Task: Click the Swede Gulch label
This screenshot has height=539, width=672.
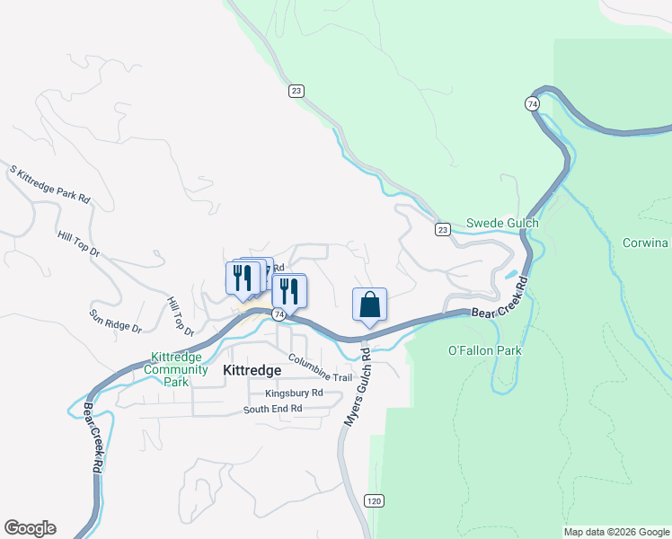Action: point(502,224)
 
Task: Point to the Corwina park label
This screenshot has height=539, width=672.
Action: point(646,243)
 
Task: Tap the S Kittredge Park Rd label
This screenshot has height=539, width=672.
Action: point(50,183)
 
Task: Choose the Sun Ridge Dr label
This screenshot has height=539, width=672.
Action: point(116,322)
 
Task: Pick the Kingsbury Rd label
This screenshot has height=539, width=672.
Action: point(294,393)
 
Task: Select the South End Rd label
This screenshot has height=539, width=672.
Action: point(272,410)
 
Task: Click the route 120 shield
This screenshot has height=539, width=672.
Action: point(375,499)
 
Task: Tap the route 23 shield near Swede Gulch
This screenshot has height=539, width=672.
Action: point(442,230)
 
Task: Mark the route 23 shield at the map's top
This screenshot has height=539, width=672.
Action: point(296,90)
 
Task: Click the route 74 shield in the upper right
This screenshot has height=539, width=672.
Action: point(533,104)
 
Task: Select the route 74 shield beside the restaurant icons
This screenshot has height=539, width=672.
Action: point(279,314)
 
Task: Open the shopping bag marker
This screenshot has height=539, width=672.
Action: point(369,305)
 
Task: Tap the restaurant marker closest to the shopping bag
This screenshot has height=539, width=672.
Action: point(290,291)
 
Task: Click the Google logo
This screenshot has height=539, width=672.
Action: point(30,528)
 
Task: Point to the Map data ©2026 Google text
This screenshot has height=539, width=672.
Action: point(616,532)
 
